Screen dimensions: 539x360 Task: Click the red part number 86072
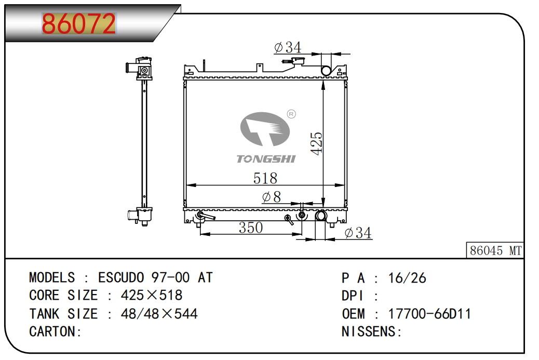pyautogui.click(x=79, y=24)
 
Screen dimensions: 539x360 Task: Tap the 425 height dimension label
pyautogui.click(x=317, y=143)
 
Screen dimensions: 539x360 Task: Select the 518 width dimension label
pyautogui.click(x=265, y=178)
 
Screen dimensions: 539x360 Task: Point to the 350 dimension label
pyautogui.click(x=251, y=228)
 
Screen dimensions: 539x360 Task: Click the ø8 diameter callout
pyautogui.click(x=272, y=197)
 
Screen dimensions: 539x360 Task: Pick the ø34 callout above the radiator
pyautogui.click(x=288, y=47)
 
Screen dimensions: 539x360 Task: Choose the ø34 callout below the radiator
pyautogui.click(x=358, y=233)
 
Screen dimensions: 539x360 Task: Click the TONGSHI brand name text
pyautogui.click(x=266, y=159)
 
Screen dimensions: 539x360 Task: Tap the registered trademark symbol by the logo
pyautogui.click(x=291, y=114)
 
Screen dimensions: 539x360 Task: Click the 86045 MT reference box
pyautogui.click(x=495, y=250)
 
